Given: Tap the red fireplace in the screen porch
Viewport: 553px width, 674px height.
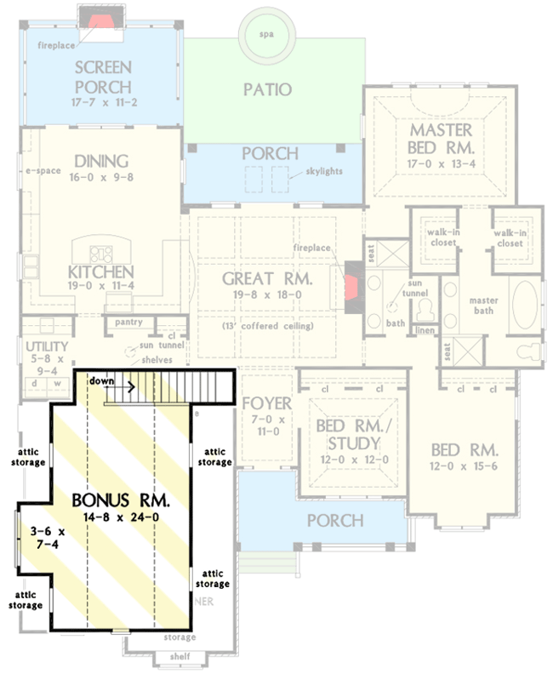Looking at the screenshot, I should tap(101, 19).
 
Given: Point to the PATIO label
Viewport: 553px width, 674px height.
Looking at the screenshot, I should tap(267, 89).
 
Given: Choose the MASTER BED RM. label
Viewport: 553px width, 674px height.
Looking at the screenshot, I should tap(440, 139).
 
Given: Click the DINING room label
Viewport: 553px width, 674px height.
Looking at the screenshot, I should tap(100, 161).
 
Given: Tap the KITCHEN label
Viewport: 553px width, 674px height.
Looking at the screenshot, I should tap(100, 272).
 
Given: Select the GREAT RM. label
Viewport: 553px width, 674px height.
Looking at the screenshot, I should tap(267, 279).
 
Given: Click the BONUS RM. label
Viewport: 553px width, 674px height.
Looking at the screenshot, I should tap(120, 499).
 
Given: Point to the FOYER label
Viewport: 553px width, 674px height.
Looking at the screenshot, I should tap(267, 403).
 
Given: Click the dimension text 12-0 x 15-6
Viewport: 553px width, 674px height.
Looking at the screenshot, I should tap(464, 467).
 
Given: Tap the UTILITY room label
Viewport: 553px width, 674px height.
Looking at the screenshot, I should tap(40, 347).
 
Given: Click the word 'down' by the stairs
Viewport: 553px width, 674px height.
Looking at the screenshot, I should tap(102, 381).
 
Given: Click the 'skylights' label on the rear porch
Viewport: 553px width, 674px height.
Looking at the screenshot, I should tap(325, 171).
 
